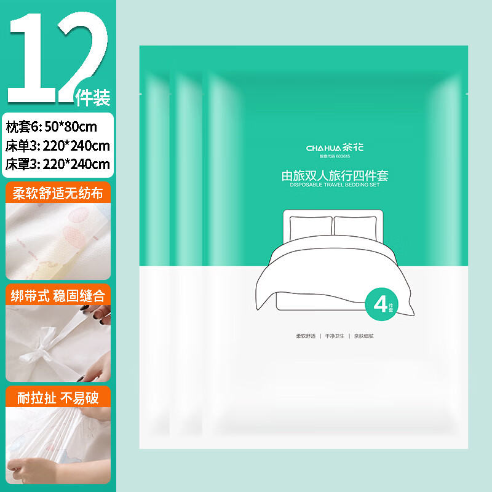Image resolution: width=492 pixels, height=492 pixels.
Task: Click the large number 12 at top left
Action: pyautogui.click(x=52, y=54)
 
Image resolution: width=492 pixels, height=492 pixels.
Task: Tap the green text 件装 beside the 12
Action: pyautogui.click(x=92, y=97)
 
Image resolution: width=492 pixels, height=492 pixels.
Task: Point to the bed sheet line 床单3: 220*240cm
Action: pyautogui.click(x=58, y=146)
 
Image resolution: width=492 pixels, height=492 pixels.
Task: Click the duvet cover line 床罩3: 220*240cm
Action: pyautogui.click(x=58, y=164)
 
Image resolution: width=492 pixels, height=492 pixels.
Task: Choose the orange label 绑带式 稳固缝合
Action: pyautogui.click(x=58, y=295)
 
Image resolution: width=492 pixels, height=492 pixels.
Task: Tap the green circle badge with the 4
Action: pyautogui.click(x=380, y=303)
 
